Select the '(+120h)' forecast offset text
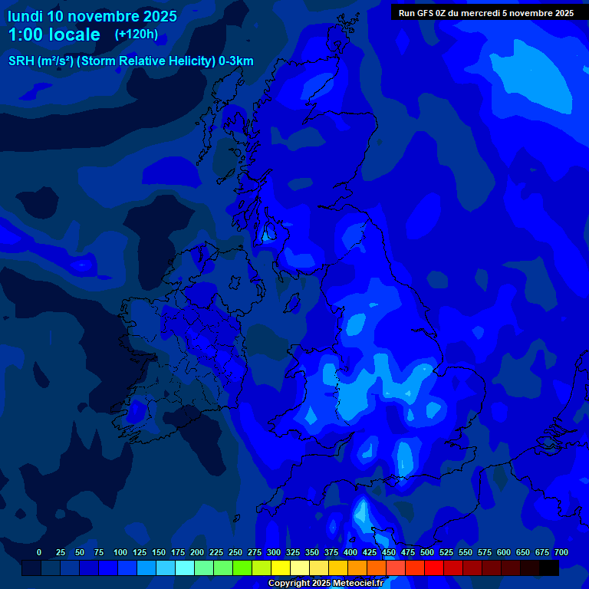click(136, 35)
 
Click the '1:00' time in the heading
click(26, 35)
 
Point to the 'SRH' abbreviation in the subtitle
click(21, 61)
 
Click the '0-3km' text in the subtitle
click(236, 61)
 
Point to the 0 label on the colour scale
click(39, 552)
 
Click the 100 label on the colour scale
click(120, 552)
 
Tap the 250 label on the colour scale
click(235, 552)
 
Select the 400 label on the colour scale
click(350, 552)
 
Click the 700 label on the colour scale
click(561, 552)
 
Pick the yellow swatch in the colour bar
click(281, 568)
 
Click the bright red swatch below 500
click(434, 568)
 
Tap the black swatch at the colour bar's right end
click(549, 568)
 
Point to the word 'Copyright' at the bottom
click(289, 584)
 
